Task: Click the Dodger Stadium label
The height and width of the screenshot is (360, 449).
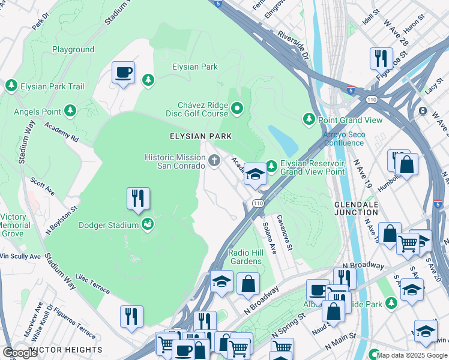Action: coord(109,226)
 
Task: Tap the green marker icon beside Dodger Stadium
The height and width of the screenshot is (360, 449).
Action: coord(147,225)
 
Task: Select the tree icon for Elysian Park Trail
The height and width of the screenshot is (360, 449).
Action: coord(11,86)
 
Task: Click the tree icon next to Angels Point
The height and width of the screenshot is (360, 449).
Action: coord(71,111)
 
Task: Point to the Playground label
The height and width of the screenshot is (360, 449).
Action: coord(73,49)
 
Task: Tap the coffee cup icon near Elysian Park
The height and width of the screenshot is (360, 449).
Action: coord(123,73)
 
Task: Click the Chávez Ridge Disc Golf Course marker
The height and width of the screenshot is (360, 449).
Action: coord(237,109)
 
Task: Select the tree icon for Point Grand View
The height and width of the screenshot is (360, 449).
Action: coord(309,119)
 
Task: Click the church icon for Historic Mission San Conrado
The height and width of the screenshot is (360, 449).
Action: coord(215,160)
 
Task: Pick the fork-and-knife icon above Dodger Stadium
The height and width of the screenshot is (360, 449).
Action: coord(138,198)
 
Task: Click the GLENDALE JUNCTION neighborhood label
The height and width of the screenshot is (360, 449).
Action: coord(357,209)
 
